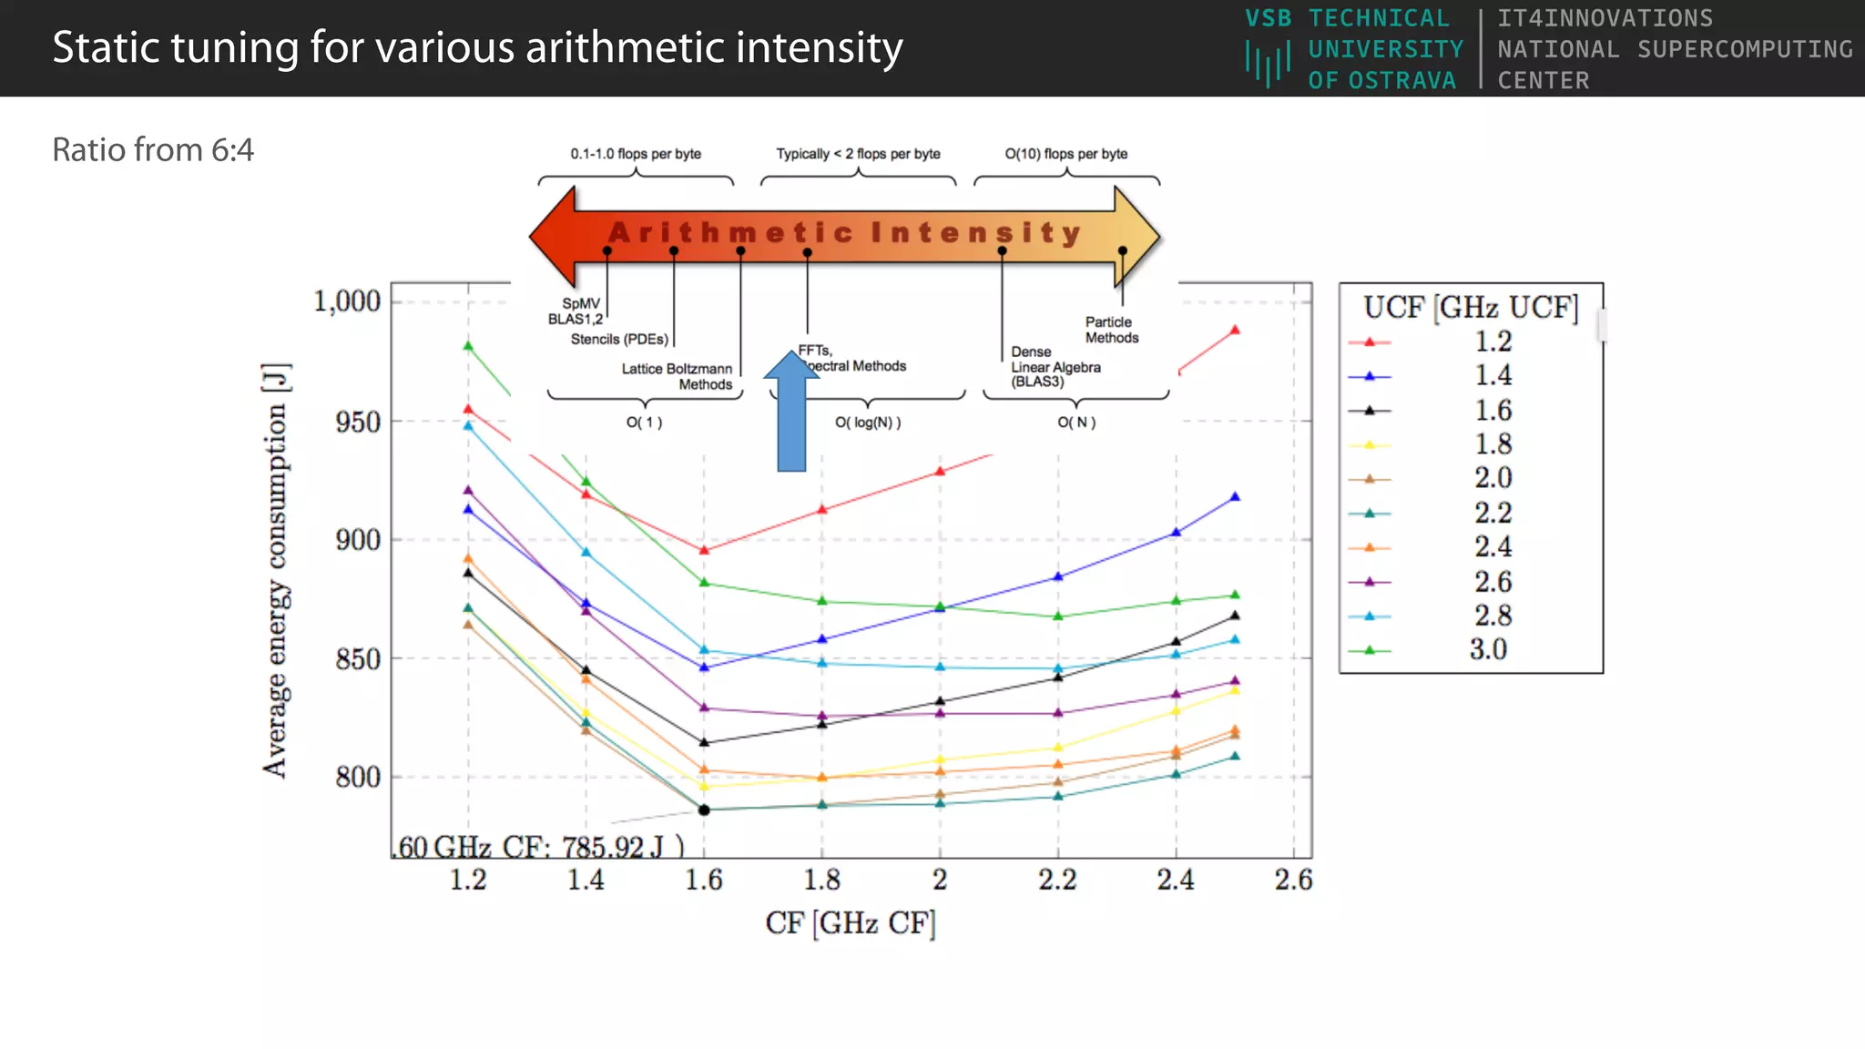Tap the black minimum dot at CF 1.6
pyautogui.click(x=704, y=810)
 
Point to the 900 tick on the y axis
pyautogui.click(x=358, y=540)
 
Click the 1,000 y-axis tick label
pyautogui.click(x=347, y=301)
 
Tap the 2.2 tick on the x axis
pyautogui.click(x=1057, y=880)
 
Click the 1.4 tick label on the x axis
pyautogui.click(x=586, y=880)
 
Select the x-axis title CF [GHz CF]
pyautogui.click(x=851, y=923)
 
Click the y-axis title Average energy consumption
pyautogui.click(x=276, y=570)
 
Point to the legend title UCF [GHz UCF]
pyautogui.click(x=1471, y=308)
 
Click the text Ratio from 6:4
pyautogui.click(x=153, y=150)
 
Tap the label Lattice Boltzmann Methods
pyautogui.click(x=678, y=376)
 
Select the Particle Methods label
pyautogui.click(x=1111, y=330)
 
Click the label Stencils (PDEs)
pyautogui.click(x=619, y=340)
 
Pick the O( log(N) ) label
pyautogui.click(x=868, y=423)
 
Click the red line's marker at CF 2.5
pyautogui.click(x=1235, y=331)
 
